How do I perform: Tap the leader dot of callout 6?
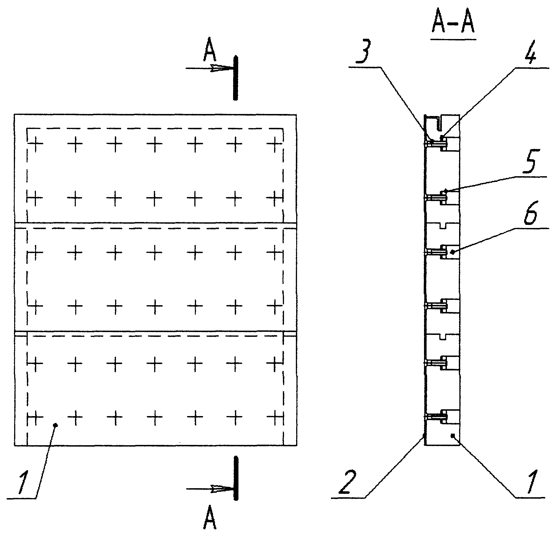tap(453, 252)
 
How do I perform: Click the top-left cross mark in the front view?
tap(35, 144)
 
